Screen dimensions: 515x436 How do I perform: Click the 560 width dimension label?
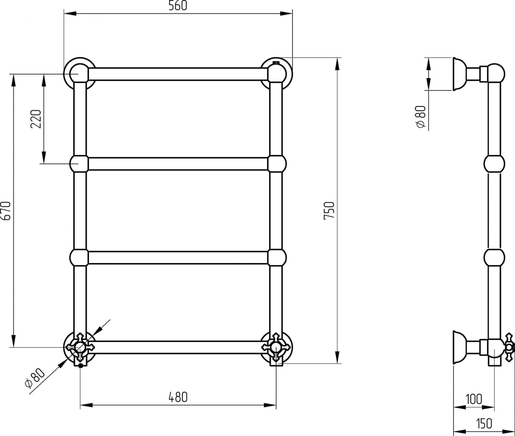pyautogui.click(x=178, y=6)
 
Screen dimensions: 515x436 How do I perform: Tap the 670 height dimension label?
pyautogui.click(x=6, y=211)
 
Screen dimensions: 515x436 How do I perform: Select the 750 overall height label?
pyautogui.click(x=329, y=211)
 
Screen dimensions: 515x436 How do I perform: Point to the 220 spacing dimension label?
pyautogui.click(x=36, y=119)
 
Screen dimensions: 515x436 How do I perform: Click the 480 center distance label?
pyautogui.click(x=178, y=397)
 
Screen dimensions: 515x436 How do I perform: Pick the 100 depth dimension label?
pyautogui.click(x=474, y=406)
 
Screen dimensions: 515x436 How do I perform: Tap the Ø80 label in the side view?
pyautogui.click(x=421, y=117)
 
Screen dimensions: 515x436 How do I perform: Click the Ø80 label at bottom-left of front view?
pyautogui.click(x=35, y=378)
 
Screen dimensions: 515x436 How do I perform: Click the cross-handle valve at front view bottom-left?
pyautogui.click(x=80, y=347)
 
